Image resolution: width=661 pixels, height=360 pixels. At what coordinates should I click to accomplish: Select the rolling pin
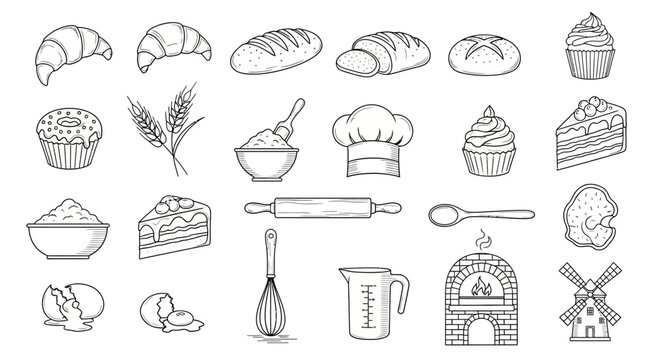(323, 210)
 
